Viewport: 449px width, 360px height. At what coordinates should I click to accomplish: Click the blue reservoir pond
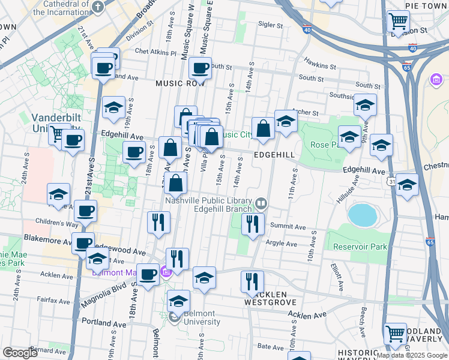click(x=360, y=214)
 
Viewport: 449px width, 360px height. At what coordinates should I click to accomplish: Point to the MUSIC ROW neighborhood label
click(x=180, y=83)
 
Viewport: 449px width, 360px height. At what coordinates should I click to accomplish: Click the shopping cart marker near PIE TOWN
click(x=398, y=22)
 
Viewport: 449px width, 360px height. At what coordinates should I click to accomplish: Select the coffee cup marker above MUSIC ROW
click(x=200, y=68)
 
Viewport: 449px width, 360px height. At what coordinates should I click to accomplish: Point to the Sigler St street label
click(x=270, y=25)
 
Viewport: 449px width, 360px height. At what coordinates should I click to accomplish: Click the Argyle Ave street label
click(x=282, y=244)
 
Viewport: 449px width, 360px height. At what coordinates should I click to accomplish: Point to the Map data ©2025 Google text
click(x=411, y=355)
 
